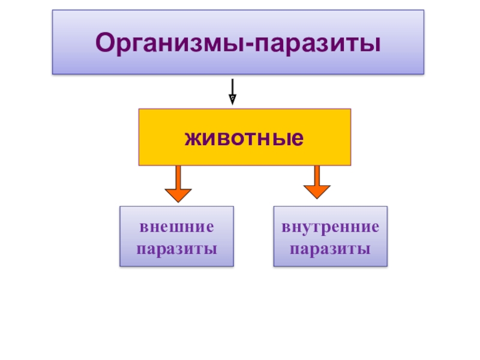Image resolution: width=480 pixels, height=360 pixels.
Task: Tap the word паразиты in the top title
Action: pyautogui.click(x=319, y=43)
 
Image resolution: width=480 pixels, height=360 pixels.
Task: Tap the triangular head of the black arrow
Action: pyautogui.click(x=233, y=100)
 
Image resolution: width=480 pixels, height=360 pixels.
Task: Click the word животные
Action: pyautogui.click(x=244, y=138)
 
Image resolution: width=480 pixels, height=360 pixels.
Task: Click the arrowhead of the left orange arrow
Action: pyautogui.click(x=178, y=195)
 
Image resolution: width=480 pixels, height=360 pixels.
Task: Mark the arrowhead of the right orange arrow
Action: pyautogui.click(x=317, y=191)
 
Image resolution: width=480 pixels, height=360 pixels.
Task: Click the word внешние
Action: pyautogui.click(x=176, y=228)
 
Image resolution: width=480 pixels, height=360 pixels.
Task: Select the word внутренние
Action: pyautogui.click(x=331, y=228)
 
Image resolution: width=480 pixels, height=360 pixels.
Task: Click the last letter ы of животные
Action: pyautogui.click(x=292, y=138)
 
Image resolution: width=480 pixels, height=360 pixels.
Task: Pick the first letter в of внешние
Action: pyautogui.click(x=144, y=229)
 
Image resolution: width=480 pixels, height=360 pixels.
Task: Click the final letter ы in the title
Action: pyautogui.click(x=373, y=43)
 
